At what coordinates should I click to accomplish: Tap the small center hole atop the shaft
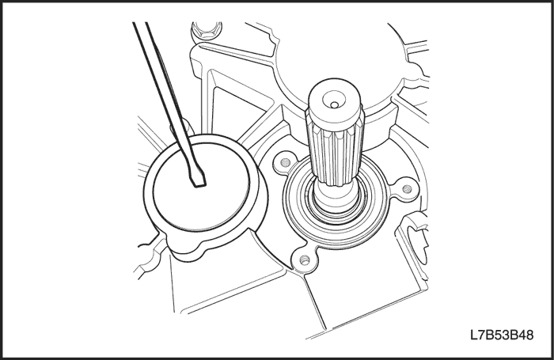333,104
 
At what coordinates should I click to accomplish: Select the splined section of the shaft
333,152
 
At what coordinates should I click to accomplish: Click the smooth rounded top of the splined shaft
334,100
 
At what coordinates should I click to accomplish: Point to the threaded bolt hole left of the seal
286,163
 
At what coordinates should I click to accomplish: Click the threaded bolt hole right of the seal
407,189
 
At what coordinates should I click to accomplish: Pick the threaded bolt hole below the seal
303,261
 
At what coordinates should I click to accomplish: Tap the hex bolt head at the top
207,31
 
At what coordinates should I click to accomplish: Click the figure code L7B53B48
501,335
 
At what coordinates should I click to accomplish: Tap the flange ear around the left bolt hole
285,163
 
